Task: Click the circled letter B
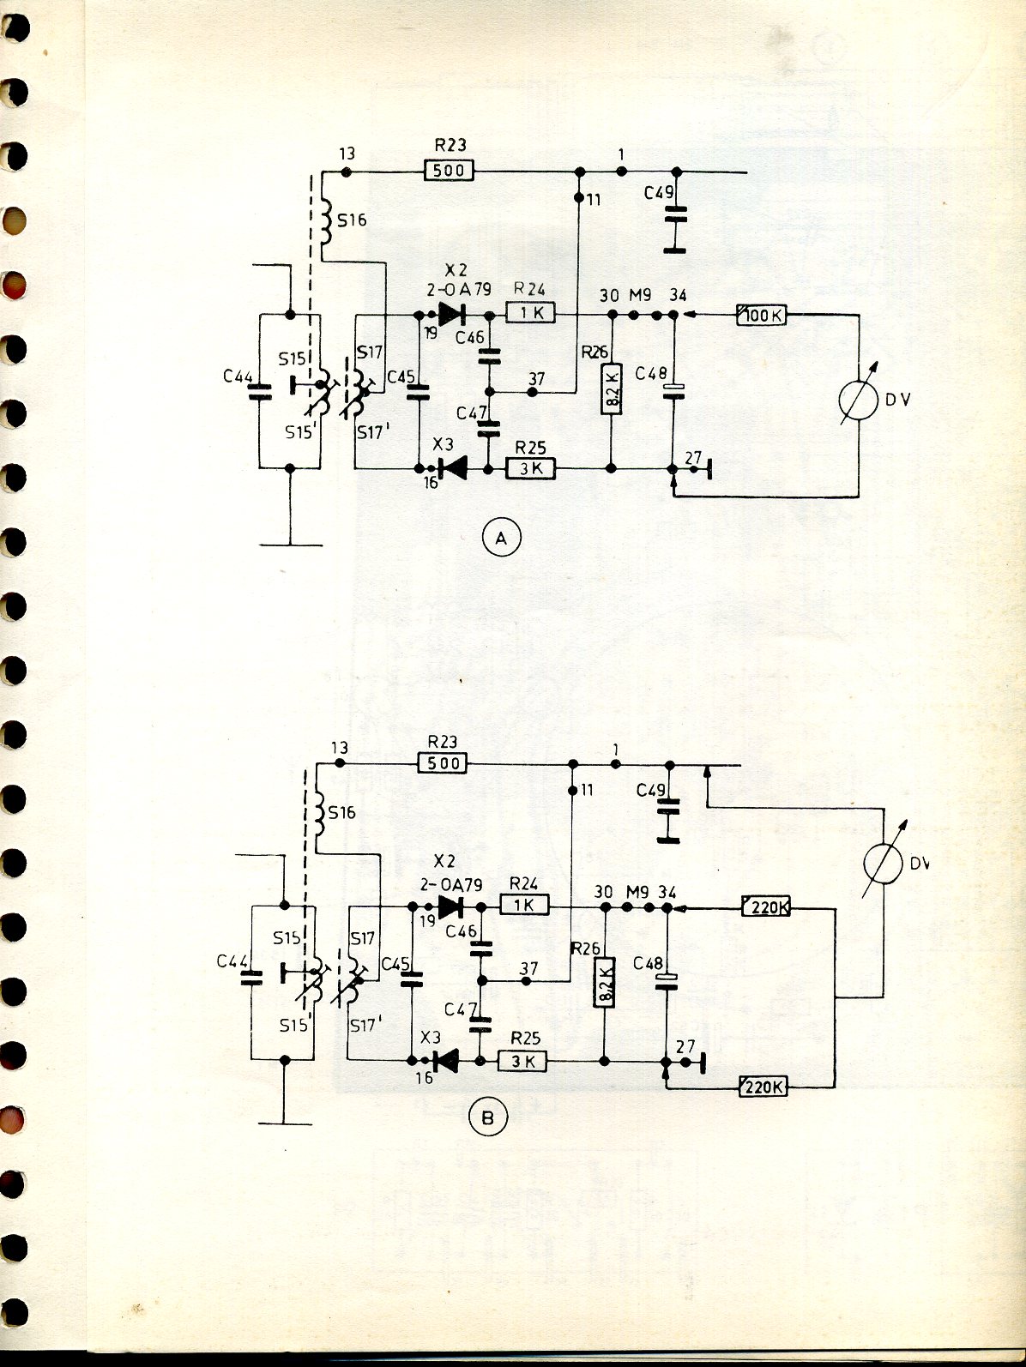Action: pyautogui.click(x=488, y=1117)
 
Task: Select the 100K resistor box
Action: pyautogui.click(x=761, y=316)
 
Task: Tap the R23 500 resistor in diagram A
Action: pyautogui.click(x=449, y=171)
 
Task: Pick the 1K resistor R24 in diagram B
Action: pyautogui.click(x=523, y=905)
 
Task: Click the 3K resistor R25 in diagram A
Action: pyautogui.click(x=532, y=469)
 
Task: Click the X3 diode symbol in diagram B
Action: pyautogui.click(x=445, y=1061)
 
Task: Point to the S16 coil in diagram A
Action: pyautogui.click(x=327, y=221)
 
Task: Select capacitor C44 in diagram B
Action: pyautogui.click(x=251, y=978)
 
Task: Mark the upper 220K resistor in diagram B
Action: pyautogui.click(x=765, y=906)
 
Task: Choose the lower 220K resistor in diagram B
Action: pyautogui.click(x=763, y=1087)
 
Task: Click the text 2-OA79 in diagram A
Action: pyautogui.click(x=455, y=289)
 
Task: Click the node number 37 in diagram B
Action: pyautogui.click(x=529, y=968)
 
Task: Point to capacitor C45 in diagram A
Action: pyautogui.click(x=419, y=392)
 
